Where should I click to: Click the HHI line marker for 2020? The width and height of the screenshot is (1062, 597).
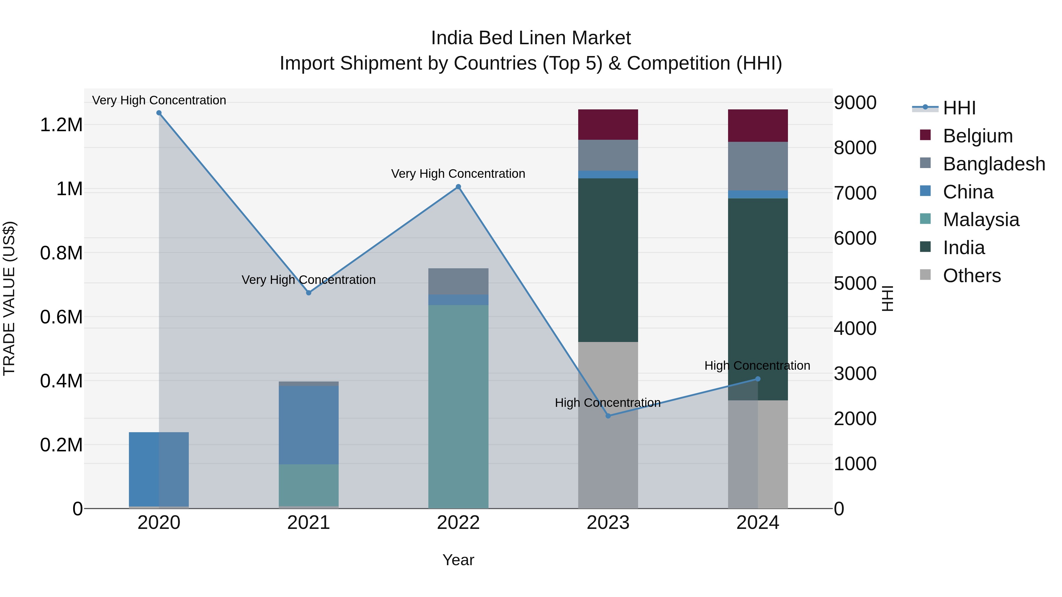point(159,113)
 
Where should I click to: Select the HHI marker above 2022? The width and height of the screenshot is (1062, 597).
point(458,187)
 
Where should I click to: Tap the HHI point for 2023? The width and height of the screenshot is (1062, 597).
point(608,416)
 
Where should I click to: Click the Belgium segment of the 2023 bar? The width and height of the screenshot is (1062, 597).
point(608,124)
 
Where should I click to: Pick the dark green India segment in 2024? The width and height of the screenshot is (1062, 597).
point(758,288)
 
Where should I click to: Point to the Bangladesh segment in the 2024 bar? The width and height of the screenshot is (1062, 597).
point(758,166)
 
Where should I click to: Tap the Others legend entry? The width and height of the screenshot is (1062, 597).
point(971,276)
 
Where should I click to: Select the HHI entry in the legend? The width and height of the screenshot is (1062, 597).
point(959,108)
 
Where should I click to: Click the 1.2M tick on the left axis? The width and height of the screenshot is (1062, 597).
point(61,125)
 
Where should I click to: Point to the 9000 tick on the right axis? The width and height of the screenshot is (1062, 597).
point(855,103)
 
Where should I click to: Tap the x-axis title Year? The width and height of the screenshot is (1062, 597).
point(458,560)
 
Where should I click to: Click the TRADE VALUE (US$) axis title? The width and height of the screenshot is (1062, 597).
point(9,298)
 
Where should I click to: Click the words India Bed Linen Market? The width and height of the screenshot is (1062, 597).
point(531,38)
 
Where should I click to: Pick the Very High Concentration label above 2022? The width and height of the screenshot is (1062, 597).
point(458,173)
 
